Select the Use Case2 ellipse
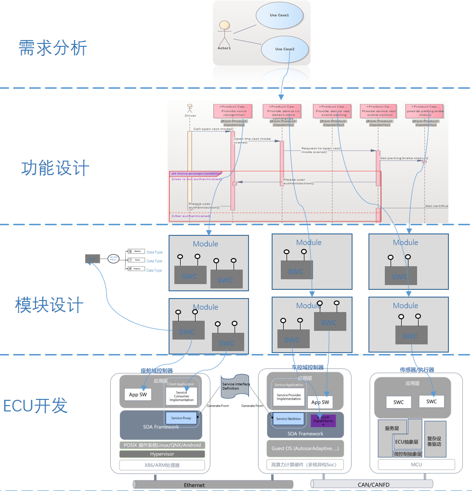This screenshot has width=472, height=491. click(x=285, y=49)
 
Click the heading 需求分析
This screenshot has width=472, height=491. click(x=53, y=48)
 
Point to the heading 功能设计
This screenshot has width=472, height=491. click(x=55, y=168)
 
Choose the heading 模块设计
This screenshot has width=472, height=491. click(x=49, y=305)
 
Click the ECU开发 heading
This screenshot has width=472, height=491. click(x=36, y=406)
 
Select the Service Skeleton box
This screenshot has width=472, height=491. click(x=288, y=419)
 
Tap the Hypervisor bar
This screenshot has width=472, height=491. click(x=162, y=454)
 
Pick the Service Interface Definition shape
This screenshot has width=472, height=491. click(x=236, y=386)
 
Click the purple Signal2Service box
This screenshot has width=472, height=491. click(x=323, y=421)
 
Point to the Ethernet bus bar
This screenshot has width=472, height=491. click(x=194, y=484)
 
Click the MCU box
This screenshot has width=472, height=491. click(x=416, y=464)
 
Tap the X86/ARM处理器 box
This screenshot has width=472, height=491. click(x=162, y=465)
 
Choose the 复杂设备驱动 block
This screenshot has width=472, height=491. click(x=434, y=438)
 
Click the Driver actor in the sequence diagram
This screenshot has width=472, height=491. click(x=190, y=110)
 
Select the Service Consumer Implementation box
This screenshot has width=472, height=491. click(x=182, y=396)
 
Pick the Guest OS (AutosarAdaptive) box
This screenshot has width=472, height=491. click(x=305, y=449)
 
